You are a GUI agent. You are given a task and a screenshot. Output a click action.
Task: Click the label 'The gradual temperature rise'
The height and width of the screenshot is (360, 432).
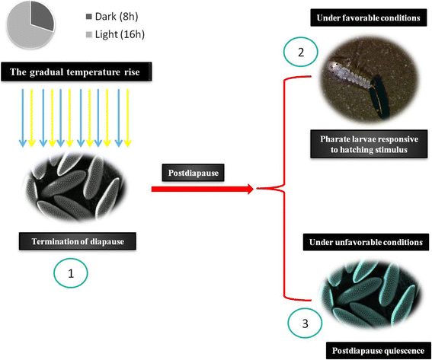(x=80, y=73)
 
